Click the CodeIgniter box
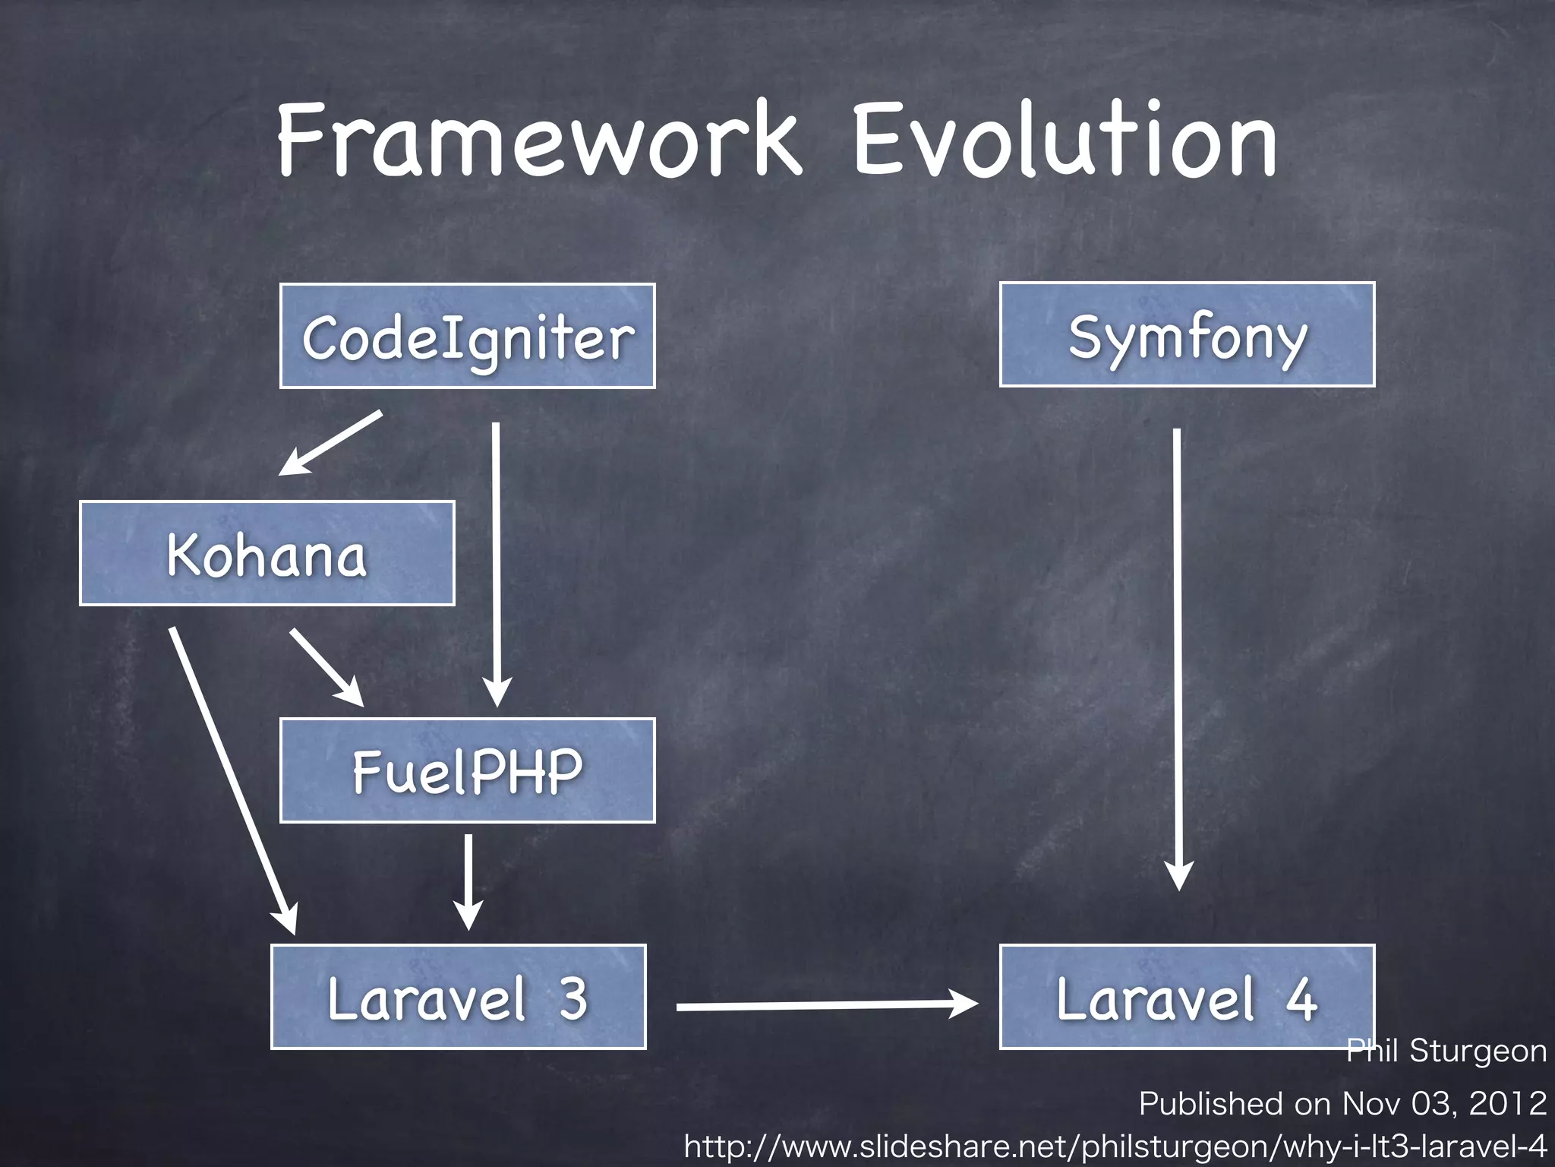click(467, 336)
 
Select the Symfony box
click(1187, 335)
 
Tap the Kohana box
click(267, 553)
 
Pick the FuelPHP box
click(467, 770)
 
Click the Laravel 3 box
click(458, 997)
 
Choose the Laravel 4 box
click(1187, 997)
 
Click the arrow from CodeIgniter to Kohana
click(331, 443)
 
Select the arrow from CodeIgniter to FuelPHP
click(497, 562)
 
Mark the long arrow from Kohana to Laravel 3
click(232, 779)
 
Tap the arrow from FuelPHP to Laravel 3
click(468, 881)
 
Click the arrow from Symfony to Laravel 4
click(1178, 657)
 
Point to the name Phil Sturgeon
click(1446, 1052)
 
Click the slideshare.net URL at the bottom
click(1115, 1146)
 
